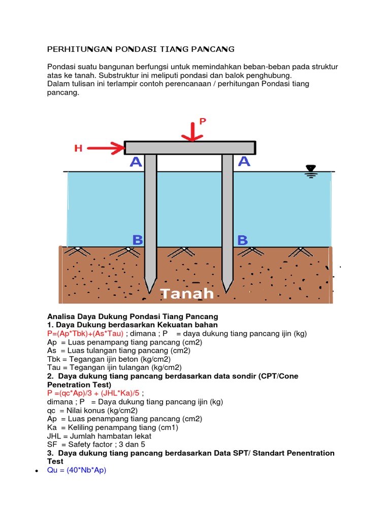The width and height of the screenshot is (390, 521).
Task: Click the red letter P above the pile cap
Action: pos(203,121)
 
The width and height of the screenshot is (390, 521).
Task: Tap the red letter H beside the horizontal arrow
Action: pos(78,149)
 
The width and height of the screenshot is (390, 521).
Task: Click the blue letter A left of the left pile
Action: pos(136,162)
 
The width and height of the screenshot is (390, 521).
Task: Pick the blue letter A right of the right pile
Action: pos(244,161)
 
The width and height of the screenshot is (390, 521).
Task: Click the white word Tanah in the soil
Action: pos(187,294)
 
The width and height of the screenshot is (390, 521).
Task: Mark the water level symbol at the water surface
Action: pos(310,171)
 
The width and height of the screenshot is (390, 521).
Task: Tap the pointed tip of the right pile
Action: pos(227,291)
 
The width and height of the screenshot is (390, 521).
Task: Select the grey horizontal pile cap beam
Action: pos(190,148)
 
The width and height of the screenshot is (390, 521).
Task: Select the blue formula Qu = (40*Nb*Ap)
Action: pos(76,471)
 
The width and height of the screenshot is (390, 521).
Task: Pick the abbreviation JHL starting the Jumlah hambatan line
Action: pos(54,436)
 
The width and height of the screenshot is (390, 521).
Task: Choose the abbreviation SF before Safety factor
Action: pos(52,444)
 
